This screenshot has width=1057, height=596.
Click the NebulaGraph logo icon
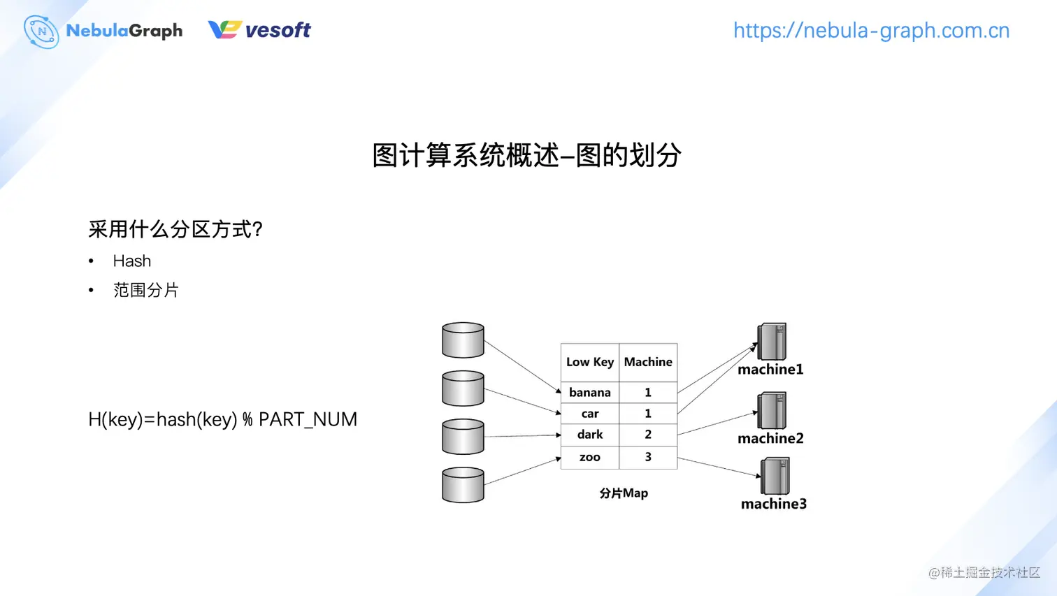pyautogui.click(x=41, y=31)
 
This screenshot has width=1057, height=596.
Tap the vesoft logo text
pyautogui.click(x=278, y=30)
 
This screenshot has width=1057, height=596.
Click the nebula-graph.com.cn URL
pyautogui.click(x=871, y=31)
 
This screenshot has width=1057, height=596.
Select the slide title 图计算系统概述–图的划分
pyautogui.click(x=526, y=155)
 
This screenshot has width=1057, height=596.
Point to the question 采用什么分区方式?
pyautogui.click(x=175, y=229)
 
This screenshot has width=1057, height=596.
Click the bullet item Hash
pyautogui.click(x=131, y=261)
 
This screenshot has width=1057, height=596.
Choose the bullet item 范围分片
pyautogui.click(x=145, y=290)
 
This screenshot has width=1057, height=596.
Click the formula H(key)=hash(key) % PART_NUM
pyautogui.click(x=222, y=419)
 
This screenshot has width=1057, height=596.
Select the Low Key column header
pyautogui.click(x=589, y=362)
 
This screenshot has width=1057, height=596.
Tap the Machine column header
pyautogui.click(x=648, y=362)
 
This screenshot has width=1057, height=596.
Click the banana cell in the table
pyautogui.click(x=589, y=393)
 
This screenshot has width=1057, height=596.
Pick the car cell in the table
pyautogui.click(x=589, y=414)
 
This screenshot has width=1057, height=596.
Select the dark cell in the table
pyautogui.click(x=589, y=435)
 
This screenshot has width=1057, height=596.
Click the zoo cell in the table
pyautogui.click(x=589, y=457)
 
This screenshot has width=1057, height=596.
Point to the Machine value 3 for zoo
pyautogui.click(x=648, y=457)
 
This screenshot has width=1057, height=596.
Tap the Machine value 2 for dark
pyautogui.click(x=648, y=435)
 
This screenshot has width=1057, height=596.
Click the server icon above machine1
pyautogui.click(x=772, y=342)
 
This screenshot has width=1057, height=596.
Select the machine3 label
pyautogui.click(x=773, y=504)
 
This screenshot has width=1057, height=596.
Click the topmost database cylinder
pyautogui.click(x=463, y=340)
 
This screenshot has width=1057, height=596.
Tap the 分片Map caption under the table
pyautogui.click(x=624, y=493)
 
